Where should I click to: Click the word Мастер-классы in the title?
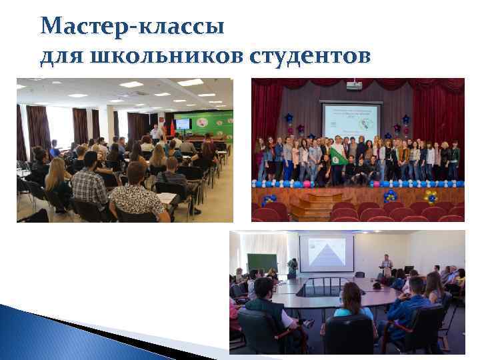pyautogui.click(x=132, y=27)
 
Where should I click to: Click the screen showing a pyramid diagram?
pyautogui.click(x=327, y=253)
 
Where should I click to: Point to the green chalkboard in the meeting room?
pyautogui.click(x=261, y=263)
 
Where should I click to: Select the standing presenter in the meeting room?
pyautogui.click(x=386, y=266)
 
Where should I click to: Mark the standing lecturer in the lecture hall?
pyautogui.click(x=155, y=133)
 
